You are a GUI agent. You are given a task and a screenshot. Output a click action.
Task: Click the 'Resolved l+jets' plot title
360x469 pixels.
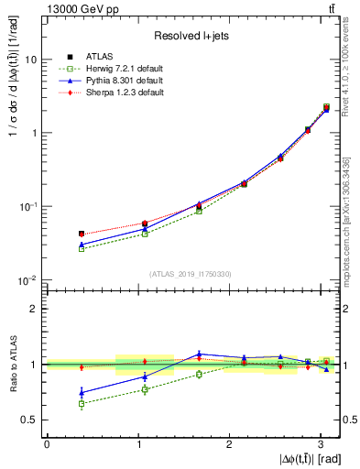(193, 36)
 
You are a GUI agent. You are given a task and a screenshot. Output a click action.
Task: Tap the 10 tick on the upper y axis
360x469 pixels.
(30, 60)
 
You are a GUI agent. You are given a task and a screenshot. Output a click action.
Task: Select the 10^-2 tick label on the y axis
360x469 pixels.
(27, 280)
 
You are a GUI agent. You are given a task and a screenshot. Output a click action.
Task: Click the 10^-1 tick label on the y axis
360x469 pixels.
(27, 207)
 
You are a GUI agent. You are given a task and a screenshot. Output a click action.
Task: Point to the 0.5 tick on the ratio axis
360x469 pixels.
(29, 420)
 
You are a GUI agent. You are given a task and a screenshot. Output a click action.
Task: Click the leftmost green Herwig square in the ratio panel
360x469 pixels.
(82, 403)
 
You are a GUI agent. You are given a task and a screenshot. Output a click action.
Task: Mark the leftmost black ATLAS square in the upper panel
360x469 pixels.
(82, 234)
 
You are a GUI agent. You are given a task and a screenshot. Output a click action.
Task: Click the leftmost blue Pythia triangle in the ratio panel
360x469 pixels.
(82, 392)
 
